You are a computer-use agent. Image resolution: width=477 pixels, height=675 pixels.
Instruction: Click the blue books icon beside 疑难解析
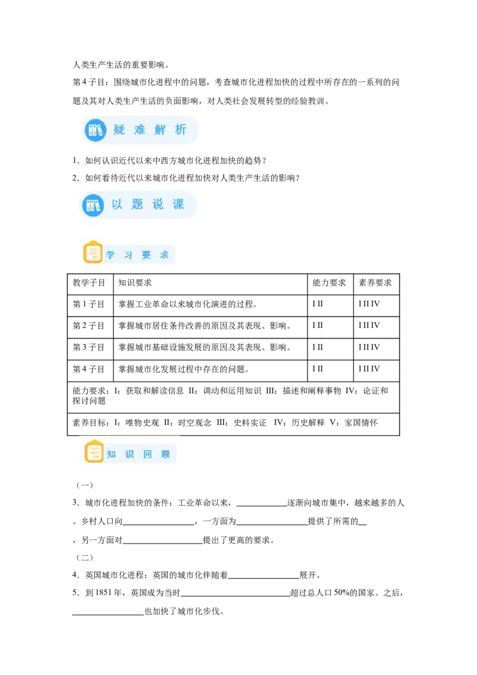click(95, 130)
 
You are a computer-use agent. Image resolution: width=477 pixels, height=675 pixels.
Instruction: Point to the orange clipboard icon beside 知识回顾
click(94, 451)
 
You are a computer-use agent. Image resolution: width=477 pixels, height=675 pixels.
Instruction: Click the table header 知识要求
click(135, 283)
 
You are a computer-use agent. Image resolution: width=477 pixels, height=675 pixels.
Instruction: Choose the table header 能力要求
click(329, 283)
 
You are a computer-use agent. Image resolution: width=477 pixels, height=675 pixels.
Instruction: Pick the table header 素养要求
click(375, 283)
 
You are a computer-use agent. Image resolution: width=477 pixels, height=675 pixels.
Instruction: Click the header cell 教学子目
click(89, 283)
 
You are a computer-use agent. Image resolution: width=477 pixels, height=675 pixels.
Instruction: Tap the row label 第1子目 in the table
click(89, 304)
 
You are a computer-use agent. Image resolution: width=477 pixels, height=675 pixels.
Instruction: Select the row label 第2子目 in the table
click(89, 326)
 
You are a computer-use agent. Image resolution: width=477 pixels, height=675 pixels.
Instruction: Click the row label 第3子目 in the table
click(89, 348)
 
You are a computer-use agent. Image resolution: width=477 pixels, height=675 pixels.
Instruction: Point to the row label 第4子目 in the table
click(89, 369)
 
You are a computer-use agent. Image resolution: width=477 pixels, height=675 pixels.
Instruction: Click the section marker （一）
click(85, 485)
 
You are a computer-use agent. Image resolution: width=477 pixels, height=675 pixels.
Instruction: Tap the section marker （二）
click(85, 558)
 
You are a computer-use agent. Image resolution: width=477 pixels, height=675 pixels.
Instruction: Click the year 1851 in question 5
click(103, 593)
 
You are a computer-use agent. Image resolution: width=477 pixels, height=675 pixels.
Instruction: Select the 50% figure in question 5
click(342, 593)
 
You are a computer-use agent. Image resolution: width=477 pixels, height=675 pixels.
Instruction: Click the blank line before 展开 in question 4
click(264, 578)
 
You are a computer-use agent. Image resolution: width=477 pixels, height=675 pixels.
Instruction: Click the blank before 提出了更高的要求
click(163, 543)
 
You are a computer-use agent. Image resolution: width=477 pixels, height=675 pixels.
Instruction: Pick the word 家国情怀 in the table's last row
click(361, 423)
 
